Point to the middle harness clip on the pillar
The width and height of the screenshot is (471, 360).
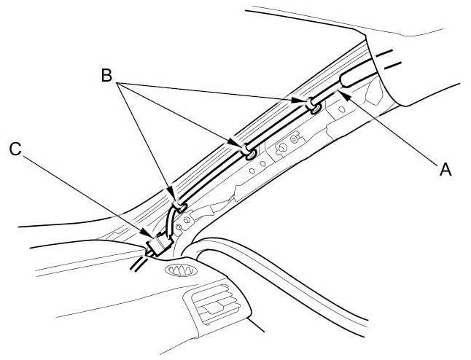[x=249, y=152]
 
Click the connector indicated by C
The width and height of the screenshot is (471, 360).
[x=155, y=245]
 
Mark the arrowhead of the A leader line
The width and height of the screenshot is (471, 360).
[x=340, y=93]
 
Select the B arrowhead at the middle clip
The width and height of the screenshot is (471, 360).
[x=238, y=144]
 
